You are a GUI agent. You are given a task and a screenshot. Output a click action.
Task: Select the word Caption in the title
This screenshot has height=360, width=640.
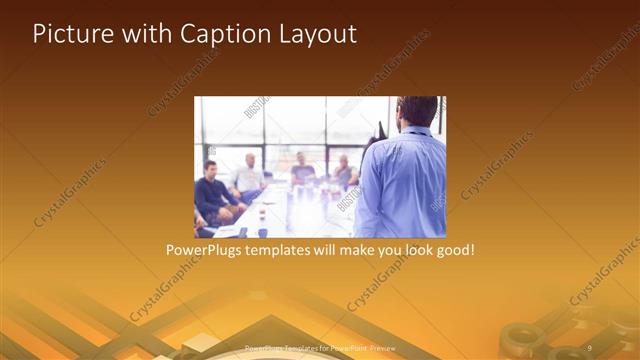pos(220,34)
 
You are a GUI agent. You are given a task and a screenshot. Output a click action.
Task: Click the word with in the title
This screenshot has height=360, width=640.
pos(140,34)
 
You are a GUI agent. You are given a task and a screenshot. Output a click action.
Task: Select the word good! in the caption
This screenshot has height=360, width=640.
pos(454,249)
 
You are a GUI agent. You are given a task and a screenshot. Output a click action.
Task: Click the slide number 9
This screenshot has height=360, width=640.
pos(589,348)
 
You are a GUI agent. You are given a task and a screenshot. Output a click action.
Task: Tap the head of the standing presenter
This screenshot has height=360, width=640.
pos(417,113)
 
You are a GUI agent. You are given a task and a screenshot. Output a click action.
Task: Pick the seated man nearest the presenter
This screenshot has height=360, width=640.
pos(344,172)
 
